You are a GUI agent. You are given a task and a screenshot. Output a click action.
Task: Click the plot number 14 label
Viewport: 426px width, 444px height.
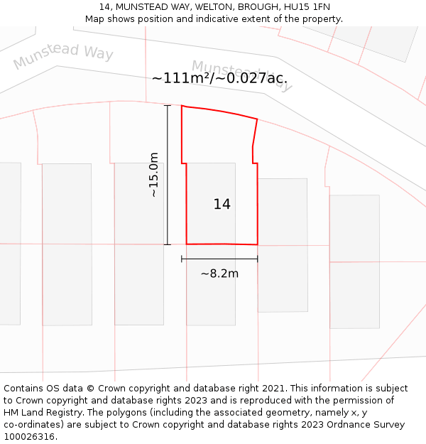click(222, 205)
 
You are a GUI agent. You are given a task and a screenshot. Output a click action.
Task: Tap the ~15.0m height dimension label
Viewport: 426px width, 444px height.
click(153, 175)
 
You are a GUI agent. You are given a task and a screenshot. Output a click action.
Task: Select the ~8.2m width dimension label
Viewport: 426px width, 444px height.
click(219, 274)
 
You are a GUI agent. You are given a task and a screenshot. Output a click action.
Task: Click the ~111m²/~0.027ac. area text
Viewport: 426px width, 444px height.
click(219, 78)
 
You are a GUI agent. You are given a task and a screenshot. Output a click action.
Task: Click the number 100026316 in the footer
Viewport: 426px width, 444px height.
click(28, 437)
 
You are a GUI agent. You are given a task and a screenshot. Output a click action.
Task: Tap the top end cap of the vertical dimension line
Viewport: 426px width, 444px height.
click(168, 106)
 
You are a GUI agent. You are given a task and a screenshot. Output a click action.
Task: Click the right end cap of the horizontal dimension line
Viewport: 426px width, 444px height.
click(257, 259)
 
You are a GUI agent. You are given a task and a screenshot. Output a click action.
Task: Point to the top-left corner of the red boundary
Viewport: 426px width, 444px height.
click(182, 106)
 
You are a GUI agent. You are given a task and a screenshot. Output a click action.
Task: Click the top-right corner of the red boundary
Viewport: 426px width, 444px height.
click(257, 119)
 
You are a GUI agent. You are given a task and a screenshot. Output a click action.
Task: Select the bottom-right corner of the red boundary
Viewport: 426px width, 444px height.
click(257, 244)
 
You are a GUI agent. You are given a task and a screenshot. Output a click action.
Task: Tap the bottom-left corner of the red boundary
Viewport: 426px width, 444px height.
click(187, 244)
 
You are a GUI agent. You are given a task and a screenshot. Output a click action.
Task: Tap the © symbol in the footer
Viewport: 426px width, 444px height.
click(90, 389)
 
